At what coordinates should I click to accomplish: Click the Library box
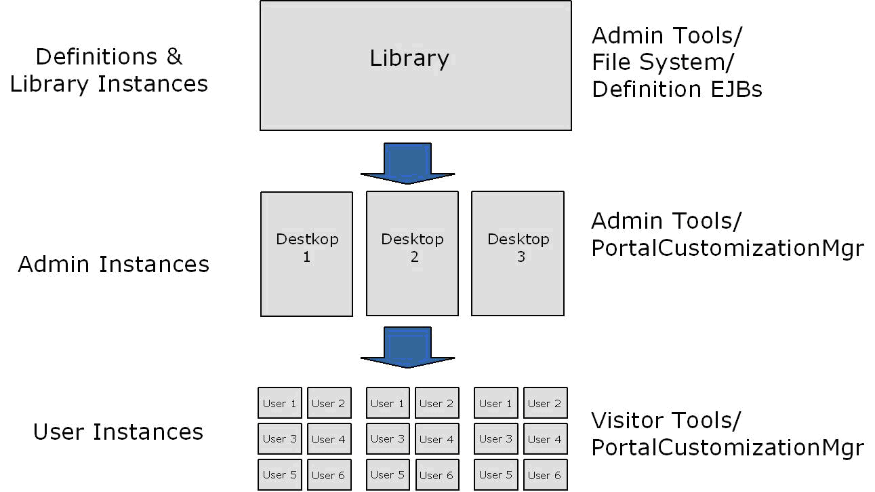[x=415, y=66]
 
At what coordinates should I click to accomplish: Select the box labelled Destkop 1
[x=306, y=253]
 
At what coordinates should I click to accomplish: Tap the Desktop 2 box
[x=412, y=253]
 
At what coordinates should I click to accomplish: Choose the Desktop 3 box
[x=518, y=253]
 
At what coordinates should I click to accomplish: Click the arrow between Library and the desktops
[x=407, y=164]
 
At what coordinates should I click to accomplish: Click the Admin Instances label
[x=113, y=264]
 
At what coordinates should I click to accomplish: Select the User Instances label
[x=118, y=432]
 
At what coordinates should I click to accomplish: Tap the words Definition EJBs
[x=676, y=89]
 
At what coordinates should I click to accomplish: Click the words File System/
[x=662, y=62]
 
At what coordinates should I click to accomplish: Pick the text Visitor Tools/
[x=666, y=420]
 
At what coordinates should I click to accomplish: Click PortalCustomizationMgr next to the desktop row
[x=727, y=248]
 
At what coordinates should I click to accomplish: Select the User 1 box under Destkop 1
[x=279, y=403]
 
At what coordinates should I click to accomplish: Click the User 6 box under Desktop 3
[x=545, y=475]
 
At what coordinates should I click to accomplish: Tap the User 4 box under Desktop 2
[x=436, y=439]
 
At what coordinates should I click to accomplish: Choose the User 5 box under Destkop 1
[x=279, y=475]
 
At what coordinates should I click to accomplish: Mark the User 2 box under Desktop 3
[x=545, y=403]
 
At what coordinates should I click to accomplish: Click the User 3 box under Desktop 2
[x=387, y=439]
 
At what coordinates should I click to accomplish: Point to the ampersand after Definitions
[x=174, y=56]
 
